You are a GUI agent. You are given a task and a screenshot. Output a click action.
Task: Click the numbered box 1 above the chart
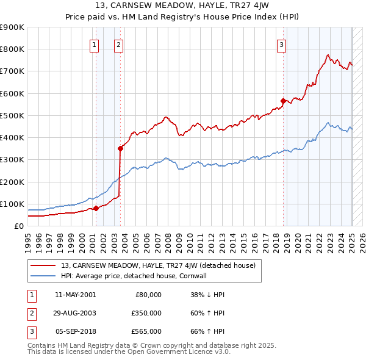(95, 44)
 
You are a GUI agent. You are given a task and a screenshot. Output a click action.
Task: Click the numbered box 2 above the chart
(118, 44)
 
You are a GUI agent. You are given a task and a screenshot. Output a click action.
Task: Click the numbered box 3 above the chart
(281, 44)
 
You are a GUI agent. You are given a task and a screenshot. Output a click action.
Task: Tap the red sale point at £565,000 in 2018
(283, 101)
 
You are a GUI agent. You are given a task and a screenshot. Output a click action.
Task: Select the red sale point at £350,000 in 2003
(121, 148)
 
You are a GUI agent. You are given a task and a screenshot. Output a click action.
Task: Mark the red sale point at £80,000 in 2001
(96, 208)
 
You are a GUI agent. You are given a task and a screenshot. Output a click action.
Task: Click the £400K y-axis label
(12, 138)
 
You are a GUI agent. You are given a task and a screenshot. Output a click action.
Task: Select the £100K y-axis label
(12, 204)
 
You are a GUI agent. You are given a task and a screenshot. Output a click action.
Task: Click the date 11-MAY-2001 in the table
(76, 295)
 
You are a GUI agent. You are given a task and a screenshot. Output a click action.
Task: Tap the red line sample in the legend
(43, 265)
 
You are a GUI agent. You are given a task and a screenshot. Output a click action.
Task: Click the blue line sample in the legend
(43, 276)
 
